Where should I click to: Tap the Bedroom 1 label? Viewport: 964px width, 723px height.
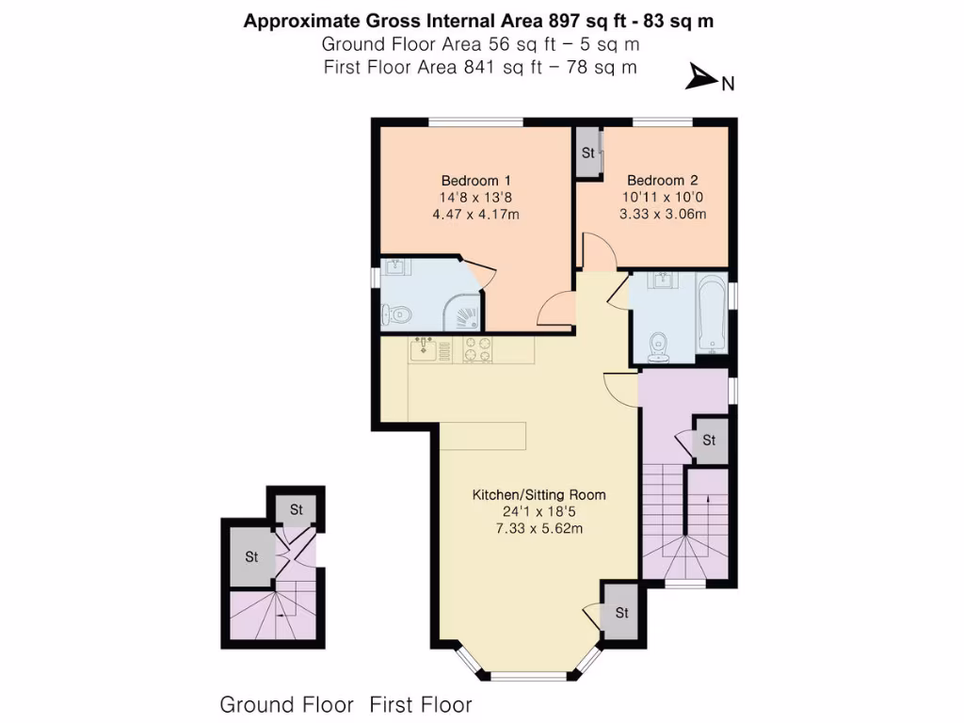[475, 181]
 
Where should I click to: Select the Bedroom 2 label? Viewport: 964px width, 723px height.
[663, 181]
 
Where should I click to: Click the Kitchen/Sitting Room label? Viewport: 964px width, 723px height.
[538, 494]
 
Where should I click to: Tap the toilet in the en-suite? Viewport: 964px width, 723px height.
[395, 314]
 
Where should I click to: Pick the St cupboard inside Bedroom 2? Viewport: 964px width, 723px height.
[588, 153]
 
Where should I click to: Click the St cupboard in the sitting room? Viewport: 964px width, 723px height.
[621, 613]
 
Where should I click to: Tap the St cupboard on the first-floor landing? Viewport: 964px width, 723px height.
[709, 441]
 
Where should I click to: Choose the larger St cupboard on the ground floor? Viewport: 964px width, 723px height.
[251, 556]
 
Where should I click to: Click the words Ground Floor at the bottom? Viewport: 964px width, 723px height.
[286, 704]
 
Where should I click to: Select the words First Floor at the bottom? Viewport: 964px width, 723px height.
[420, 704]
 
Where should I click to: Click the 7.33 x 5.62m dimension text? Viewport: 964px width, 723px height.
[538, 528]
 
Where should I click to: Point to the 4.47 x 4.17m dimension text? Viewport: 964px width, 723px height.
[475, 215]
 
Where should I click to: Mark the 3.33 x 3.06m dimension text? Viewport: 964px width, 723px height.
[663, 215]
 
